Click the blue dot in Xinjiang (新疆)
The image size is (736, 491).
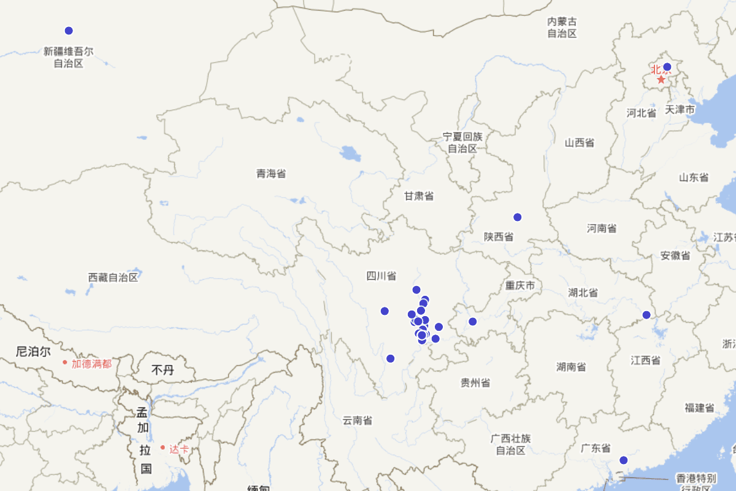(x=69, y=31)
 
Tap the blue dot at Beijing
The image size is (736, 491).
(x=667, y=67)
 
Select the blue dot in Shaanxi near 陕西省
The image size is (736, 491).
(x=518, y=217)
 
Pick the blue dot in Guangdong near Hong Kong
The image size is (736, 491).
(x=624, y=460)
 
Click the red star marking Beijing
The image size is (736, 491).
(x=661, y=79)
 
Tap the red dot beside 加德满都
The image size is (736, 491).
(x=64, y=362)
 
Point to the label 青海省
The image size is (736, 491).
(x=271, y=174)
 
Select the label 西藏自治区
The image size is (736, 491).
(x=113, y=277)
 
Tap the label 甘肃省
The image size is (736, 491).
(x=419, y=196)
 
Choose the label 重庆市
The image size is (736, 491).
(x=520, y=285)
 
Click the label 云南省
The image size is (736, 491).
(x=358, y=420)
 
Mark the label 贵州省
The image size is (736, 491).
(x=475, y=383)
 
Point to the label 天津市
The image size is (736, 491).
(x=680, y=109)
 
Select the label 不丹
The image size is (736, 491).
(x=163, y=370)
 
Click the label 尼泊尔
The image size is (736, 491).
(x=33, y=352)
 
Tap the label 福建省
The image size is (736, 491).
(x=700, y=408)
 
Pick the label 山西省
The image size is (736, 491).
(x=580, y=142)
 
